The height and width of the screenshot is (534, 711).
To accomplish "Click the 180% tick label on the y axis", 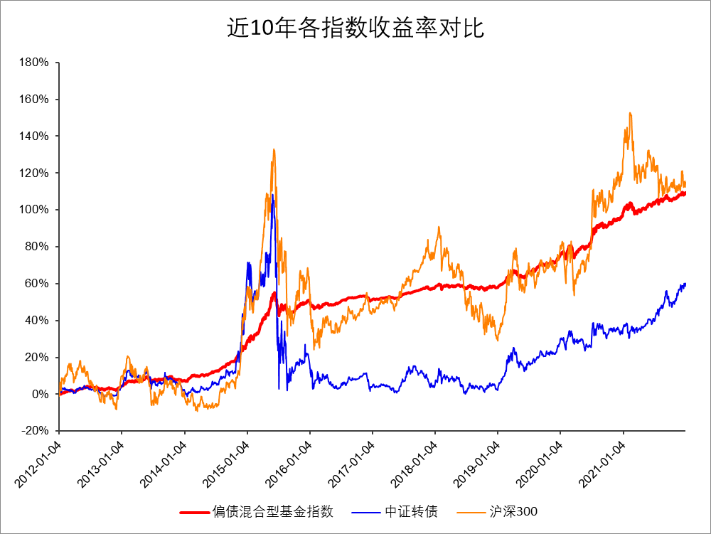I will click(x=34, y=63).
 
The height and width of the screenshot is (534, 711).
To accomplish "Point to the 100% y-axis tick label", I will click(x=34, y=210).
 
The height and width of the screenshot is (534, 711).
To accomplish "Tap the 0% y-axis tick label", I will click(x=40, y=394).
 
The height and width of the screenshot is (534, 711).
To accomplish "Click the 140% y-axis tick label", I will click(x=34, y=137).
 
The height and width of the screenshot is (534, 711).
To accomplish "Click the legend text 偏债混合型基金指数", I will click(x=273, y=511).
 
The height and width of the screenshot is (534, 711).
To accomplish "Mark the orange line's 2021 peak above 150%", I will click(x=630, y=113).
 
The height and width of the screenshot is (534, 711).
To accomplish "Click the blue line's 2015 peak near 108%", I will click(x=272, y=195).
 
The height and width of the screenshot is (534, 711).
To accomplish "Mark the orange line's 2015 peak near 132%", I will click(x=274, y=150).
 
